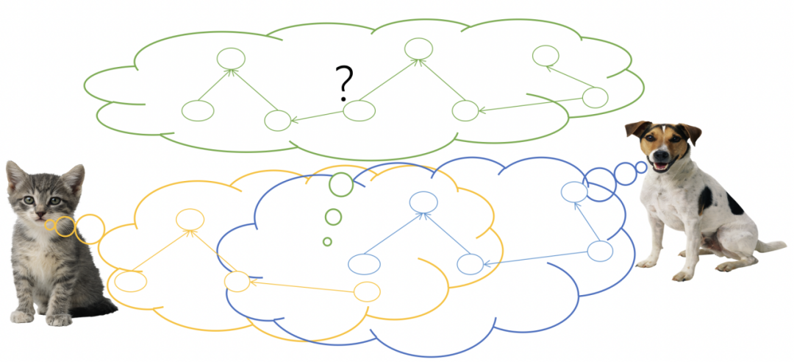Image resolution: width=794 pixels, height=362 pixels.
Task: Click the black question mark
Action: point(343,82)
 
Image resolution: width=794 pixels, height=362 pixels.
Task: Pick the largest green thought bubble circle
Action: point(341,184)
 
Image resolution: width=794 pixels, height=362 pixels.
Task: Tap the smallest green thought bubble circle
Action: point(327,241)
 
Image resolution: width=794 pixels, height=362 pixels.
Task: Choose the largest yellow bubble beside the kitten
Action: point(90,228)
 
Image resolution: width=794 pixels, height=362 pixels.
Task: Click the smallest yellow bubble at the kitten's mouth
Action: point(50,224)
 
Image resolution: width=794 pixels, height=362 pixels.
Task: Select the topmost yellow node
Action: point(190,219)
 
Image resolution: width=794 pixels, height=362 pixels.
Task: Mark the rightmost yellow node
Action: point(367,292)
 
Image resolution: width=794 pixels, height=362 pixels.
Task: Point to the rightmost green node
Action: point(595,97)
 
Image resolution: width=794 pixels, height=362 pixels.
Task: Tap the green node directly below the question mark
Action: point(360,111)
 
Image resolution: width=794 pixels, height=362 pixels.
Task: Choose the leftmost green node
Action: point(198,111)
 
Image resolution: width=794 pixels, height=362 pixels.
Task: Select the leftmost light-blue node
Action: point(364,264)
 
